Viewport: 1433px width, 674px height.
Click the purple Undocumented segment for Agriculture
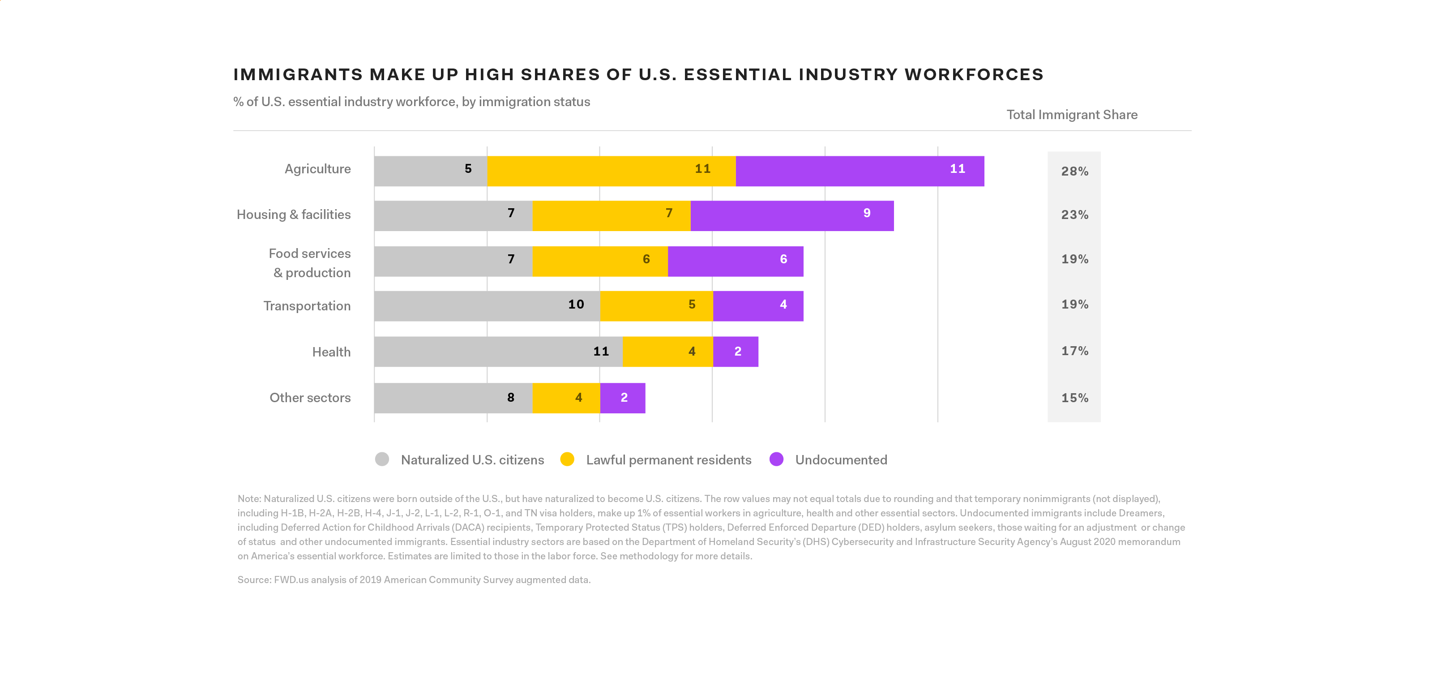(x=860, y=171)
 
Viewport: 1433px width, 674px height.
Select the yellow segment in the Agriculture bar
(x=611, y=171)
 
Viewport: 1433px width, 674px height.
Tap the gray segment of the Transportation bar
(x=487, y=306)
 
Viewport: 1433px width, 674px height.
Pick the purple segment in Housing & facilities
(x=791, y=216)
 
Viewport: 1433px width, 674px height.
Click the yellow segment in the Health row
(x=667, y=352)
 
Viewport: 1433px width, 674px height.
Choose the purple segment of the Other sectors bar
(x=622, y=398)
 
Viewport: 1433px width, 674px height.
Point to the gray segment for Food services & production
(x=453, y=262)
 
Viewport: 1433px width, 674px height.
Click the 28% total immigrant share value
(x=1074, y=172)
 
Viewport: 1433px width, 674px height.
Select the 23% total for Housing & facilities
(x=1074, y=215)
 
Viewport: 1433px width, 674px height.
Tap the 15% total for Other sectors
(x=1074, y=398)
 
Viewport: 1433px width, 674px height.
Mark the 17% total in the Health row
(x=1074, y=351)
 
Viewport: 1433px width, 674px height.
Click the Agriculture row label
(x=318, y=169)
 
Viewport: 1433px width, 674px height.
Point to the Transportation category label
(x=307, y=306)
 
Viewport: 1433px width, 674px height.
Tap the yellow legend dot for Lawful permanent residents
(x=567, y=459)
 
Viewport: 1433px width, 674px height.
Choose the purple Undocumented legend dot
(x=777, y=459)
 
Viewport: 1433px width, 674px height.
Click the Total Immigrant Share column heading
(x=1072, y=115)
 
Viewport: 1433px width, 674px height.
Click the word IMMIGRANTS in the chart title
(x=298, y=75)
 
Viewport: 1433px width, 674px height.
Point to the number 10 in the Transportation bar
(x=576, y=305)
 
